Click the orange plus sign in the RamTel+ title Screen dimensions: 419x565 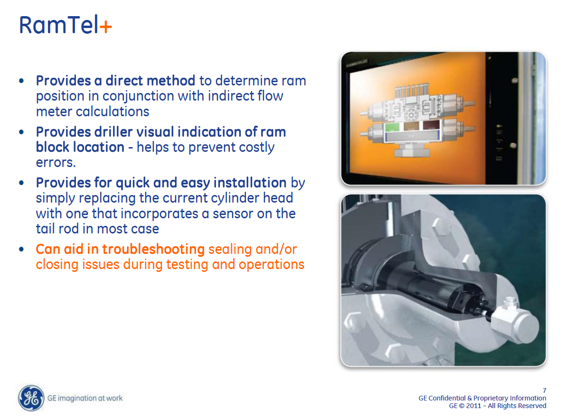point(106,26)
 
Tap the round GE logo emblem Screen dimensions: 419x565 point(31,398)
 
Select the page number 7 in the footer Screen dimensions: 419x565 point(544,391)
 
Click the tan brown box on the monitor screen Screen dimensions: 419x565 point(411,126)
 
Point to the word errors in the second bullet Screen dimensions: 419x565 point(56,162)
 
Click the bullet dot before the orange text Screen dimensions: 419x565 point(21,250)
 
